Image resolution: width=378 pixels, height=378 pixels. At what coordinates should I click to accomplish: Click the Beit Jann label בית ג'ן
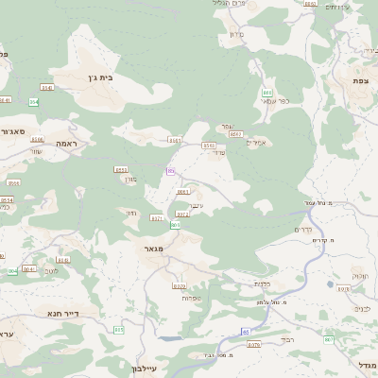[98, 77]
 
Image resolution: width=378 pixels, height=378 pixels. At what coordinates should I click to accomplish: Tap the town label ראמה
[70, 143]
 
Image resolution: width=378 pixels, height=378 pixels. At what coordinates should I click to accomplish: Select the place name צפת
[360, 81]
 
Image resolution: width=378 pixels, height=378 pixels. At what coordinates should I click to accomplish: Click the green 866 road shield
[267, 92]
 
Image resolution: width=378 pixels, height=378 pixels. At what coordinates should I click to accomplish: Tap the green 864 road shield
[34, 101]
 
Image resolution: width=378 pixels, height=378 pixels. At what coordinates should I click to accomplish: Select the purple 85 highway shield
[170, 171]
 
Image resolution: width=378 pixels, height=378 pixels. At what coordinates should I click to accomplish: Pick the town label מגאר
[154, 249]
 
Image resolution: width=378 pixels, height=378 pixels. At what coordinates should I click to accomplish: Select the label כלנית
[263, 283]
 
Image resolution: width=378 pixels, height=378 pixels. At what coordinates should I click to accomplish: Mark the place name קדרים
[303, 230]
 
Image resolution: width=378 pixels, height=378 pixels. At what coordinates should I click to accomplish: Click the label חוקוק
[360, 277]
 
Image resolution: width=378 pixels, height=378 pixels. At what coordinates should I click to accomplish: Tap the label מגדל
[366, 365]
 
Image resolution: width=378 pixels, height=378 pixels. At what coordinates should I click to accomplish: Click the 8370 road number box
[180, 285]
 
